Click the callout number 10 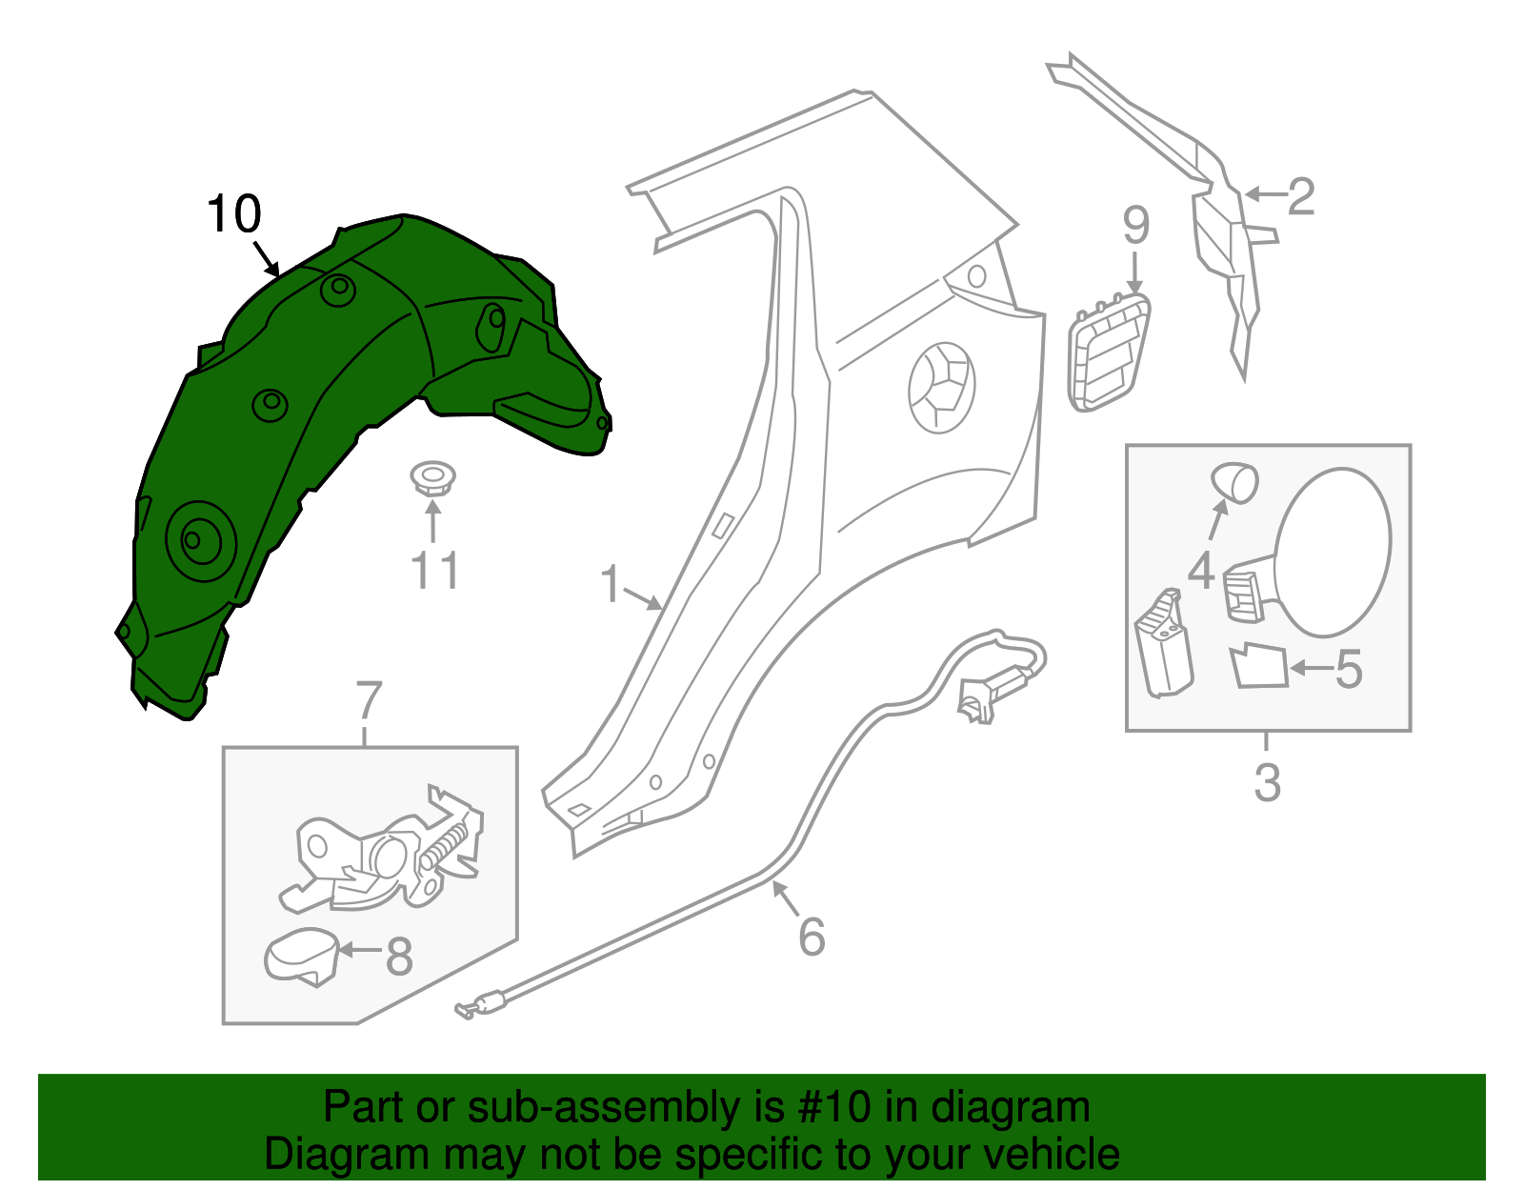coord(233,214)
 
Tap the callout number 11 coord(434,572)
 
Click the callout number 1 coord(611,584)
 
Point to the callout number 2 coord(1301,197)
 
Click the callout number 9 coord(1135,226)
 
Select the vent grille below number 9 coord(1110,352)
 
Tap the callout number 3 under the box coord(1267,782)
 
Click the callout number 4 coord(1201,571)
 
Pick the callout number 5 coord(1350,670)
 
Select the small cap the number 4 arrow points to coord(1234,482)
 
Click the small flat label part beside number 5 coord(1258,666)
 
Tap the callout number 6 coord(812,937)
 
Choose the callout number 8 coord(399,957)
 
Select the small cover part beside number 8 coord(302,954)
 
